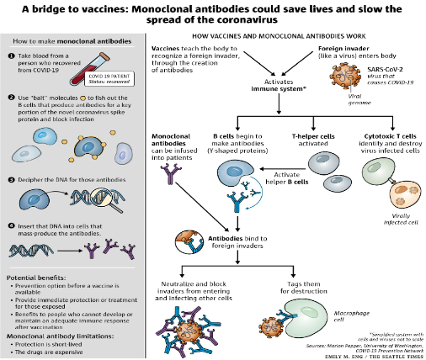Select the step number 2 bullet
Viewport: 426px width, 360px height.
tap(10, 99)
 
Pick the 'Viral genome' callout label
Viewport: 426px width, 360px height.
tap(330, 97)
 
